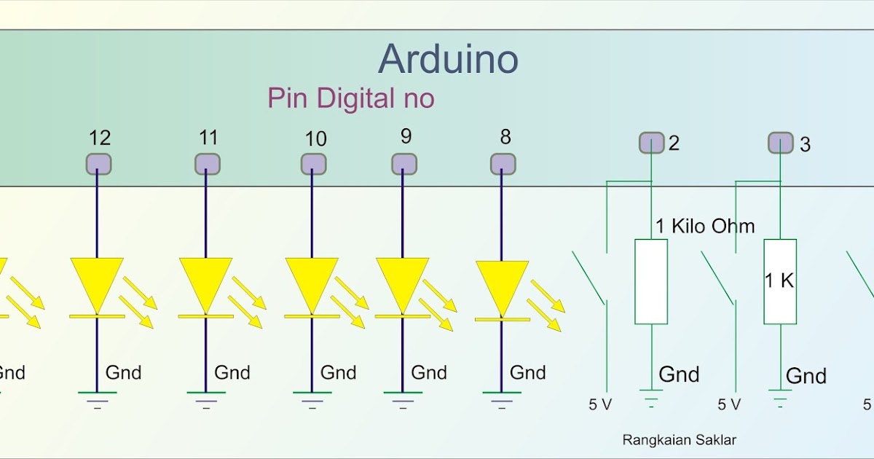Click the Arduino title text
coord(449,59)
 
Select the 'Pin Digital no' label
coord(351,98)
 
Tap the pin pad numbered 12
coord(99,164)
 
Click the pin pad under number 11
coord(208,164)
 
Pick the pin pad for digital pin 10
coord(314,164)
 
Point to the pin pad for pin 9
coord(404,164)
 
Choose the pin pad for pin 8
coord(503,164)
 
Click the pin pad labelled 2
coord(652,143)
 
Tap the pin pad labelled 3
coord(781,143)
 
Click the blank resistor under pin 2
coord(651,281)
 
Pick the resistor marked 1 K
coord(780,281)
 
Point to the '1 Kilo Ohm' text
coord(705,227)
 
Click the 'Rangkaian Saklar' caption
coord(680,440)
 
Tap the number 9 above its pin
coord(406,136)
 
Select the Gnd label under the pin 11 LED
coord(232,373)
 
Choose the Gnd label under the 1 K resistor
coord(806,376)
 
